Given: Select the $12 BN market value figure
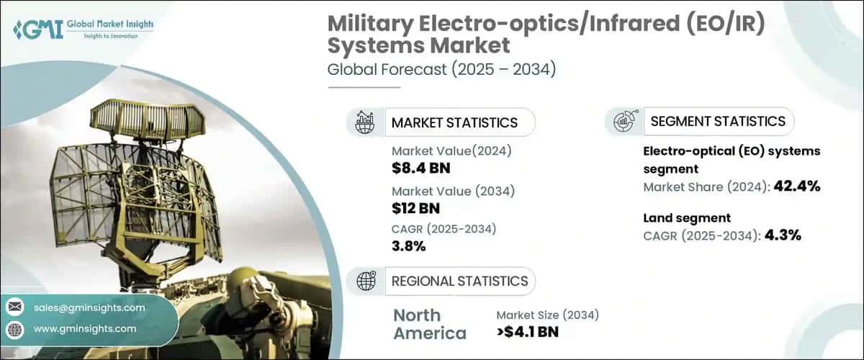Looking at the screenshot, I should point(415,208).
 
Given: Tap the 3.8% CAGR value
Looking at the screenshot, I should point(408,246).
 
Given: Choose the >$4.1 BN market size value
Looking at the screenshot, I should point(528,332).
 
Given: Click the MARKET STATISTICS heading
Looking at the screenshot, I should point(454,122).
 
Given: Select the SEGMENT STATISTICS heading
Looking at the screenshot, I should point(717,121).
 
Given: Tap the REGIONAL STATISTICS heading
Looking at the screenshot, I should point(459,281).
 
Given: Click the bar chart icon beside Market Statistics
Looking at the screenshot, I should point(366,122).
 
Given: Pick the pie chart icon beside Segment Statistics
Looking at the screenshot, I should point(624,122).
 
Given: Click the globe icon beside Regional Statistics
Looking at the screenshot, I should point(366,281).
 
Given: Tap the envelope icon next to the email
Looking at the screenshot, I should point(15,307).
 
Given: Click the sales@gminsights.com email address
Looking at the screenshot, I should point(89,307).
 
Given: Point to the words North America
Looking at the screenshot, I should point(429,324).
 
